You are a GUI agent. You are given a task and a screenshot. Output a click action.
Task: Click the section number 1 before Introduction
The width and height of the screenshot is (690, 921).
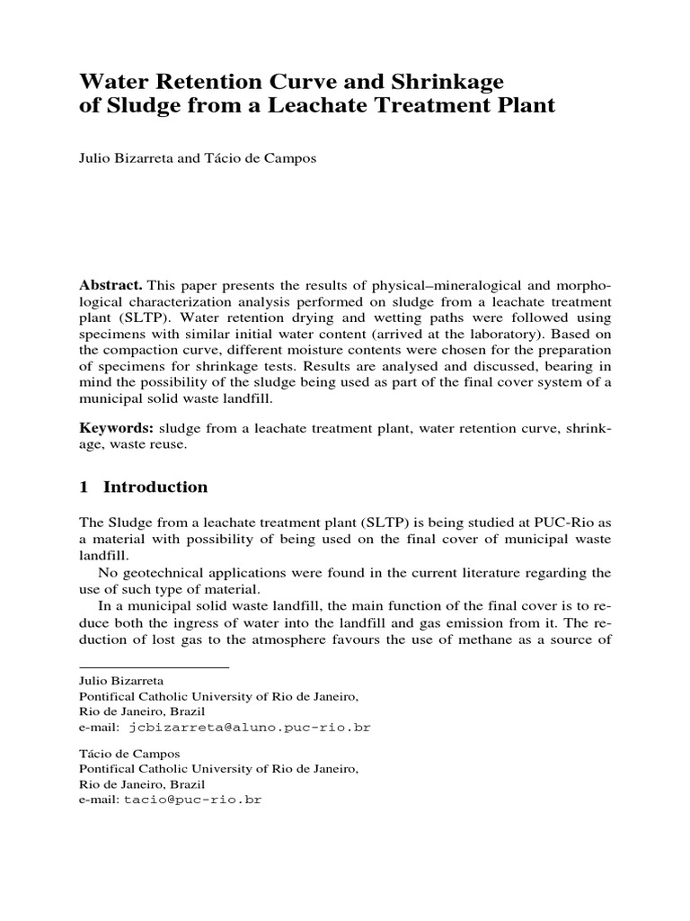[x=84, y=487]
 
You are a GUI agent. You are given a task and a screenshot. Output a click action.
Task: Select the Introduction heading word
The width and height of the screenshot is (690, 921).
[x=155, y=487]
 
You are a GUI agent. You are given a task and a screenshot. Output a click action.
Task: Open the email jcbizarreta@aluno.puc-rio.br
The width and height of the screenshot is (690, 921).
[x=250, y=725]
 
